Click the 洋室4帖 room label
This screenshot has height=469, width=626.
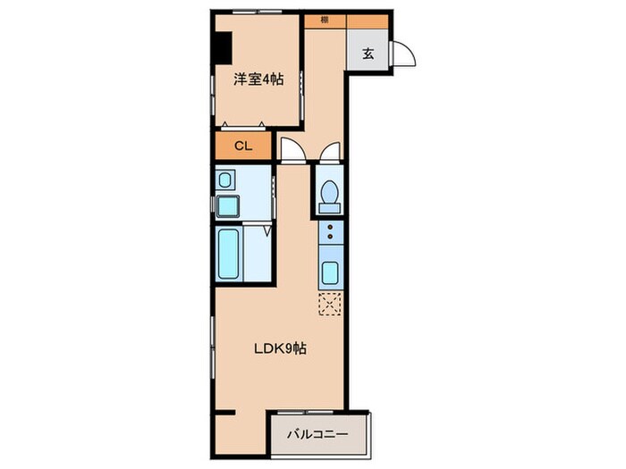click(x=258, y=80)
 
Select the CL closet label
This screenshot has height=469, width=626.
click(x=243, y=146)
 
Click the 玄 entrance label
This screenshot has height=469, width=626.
click(x=368, y=53)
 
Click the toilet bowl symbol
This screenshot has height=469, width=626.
click(x=329, y=191)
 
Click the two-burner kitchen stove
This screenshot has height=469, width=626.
click(x=329, y=234)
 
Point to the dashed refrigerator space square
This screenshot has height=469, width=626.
click(x=329, y=304)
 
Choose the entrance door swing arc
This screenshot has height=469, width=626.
click(x=404, y=54)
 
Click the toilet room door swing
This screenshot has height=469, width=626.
click(x=329, y=153)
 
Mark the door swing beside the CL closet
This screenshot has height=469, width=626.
click(x=292, y=150)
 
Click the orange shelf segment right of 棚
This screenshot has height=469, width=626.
click(x=367, y=20)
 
